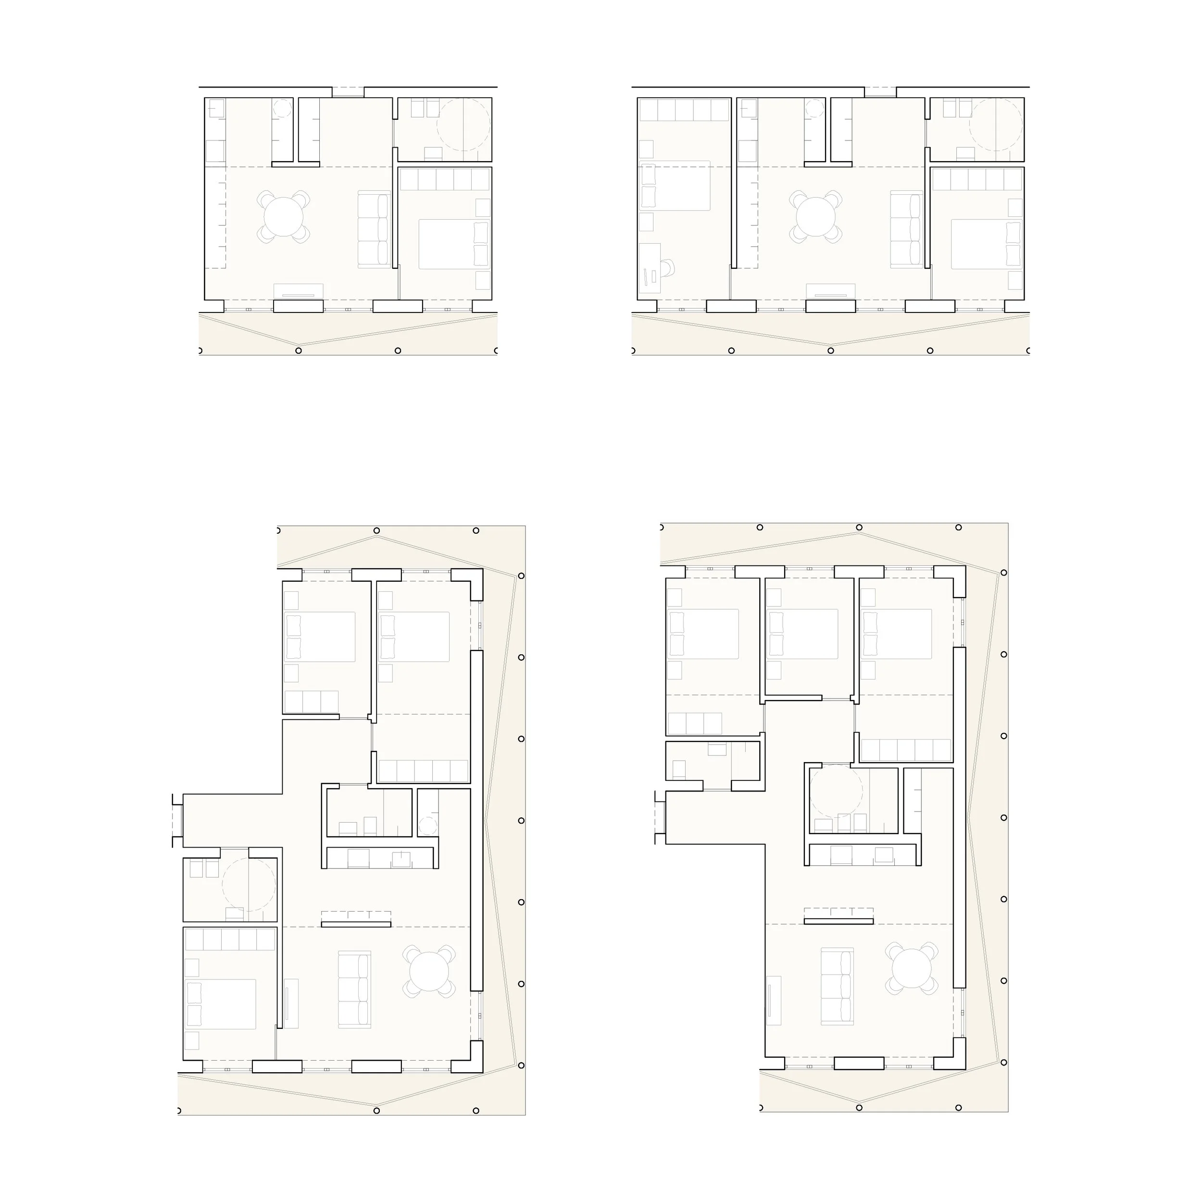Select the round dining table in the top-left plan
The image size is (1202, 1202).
click(x=283, y=216)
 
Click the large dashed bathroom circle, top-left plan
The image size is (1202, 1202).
click(x=463, y=125)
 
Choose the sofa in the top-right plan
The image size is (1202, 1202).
click(x=906, y=229)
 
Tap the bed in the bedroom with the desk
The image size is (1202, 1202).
click(x=675, y=186)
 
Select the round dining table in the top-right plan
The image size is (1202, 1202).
click(x=815, y=216)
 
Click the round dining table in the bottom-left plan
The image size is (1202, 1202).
click(x=429, y=972)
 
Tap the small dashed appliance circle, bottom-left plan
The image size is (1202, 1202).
click(x=427, y=826)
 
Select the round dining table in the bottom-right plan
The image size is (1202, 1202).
click(x=912, y=969)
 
